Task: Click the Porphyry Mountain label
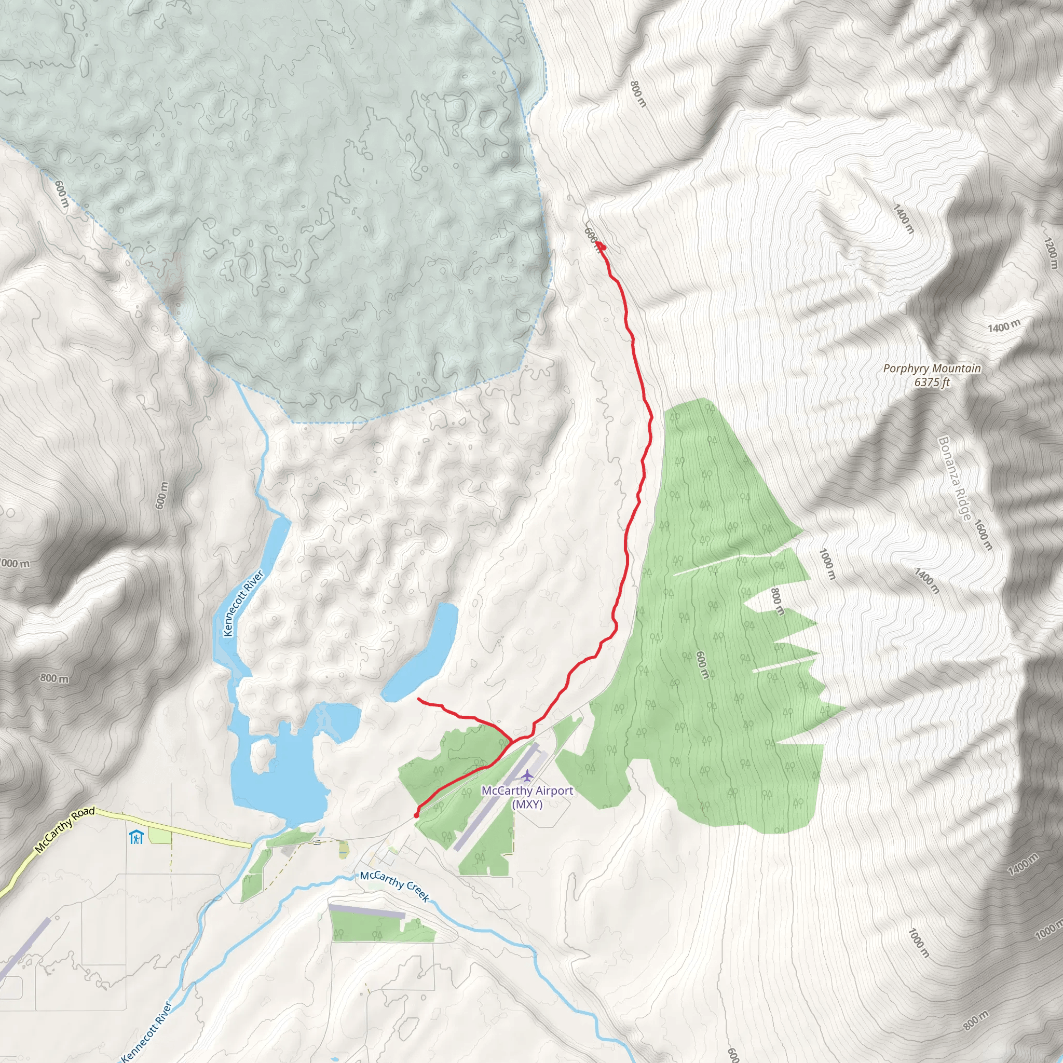pyautogui.click(x=932, y=369)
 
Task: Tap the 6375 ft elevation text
pyautogui.click(x=932, y=383)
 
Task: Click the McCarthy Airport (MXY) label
pyautogui.click(x=527, y=797)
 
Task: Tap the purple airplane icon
pyautogui.click(x=528, y=776)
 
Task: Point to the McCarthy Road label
pyautogui.click(x=64, y=830)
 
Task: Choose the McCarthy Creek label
pyautogui.click(x=394, y=887)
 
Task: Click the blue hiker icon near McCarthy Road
pyautogui.click(x=136, y=837)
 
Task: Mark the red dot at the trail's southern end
pyautogui.click(x=416, y=815)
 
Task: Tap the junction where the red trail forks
pyautogui.click(x=512, y=741)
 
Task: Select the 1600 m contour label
pyautogui.click(x=984, y=535)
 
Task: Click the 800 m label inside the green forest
pyautogui.click(x=776, y=602)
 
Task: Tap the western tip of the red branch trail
pyautogui.click(x=419, y=699)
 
